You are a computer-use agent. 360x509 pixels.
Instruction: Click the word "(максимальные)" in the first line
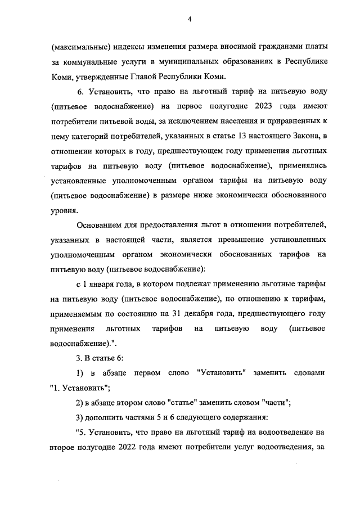76,46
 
